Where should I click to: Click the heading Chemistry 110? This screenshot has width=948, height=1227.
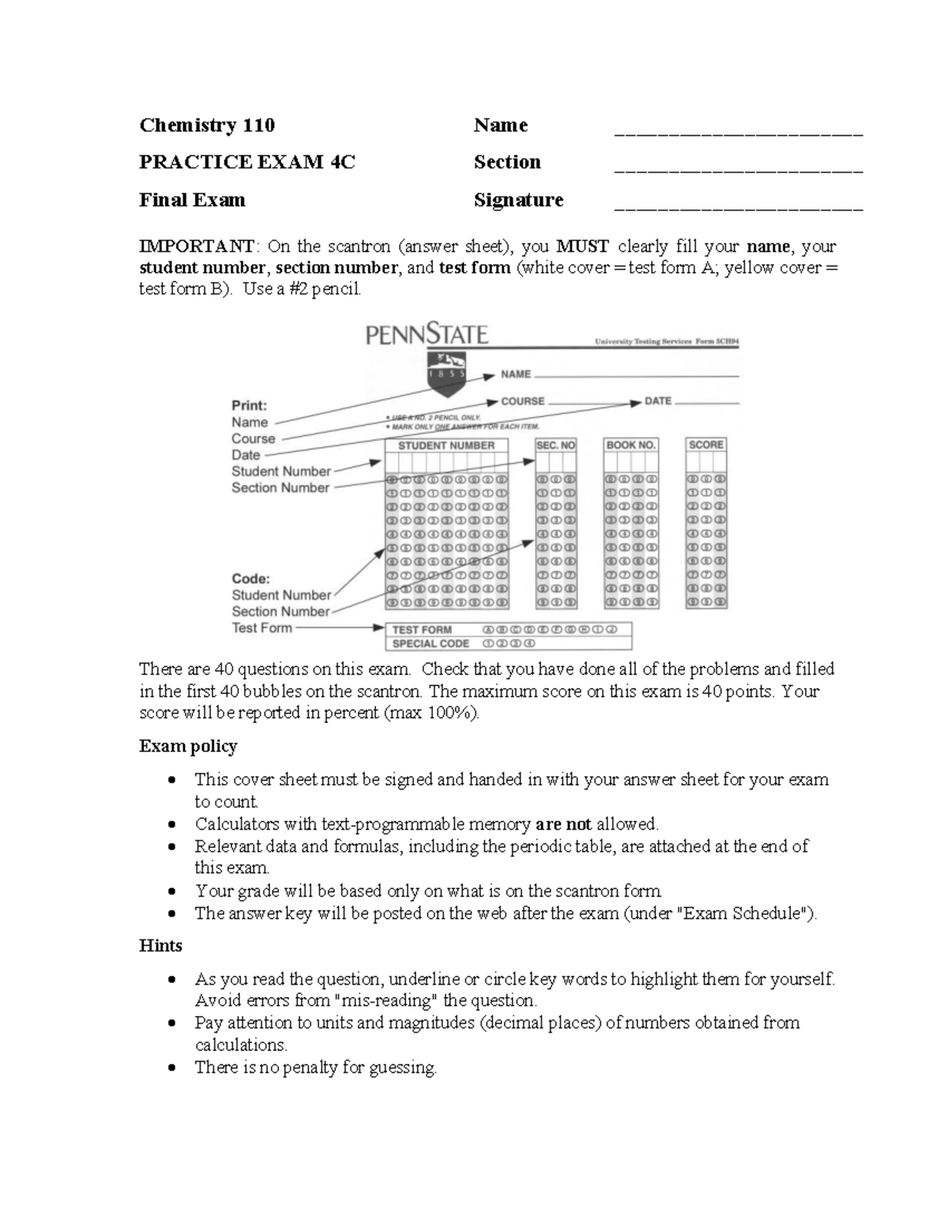click(x=207, y=125)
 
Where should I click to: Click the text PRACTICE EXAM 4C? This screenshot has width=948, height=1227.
click(x=246, y=162)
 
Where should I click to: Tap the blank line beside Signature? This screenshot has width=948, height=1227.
click(x=738, y=207)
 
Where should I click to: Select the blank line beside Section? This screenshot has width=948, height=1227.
click(x=738, y=169)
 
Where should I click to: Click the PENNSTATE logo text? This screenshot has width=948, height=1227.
click(x=427, y=335)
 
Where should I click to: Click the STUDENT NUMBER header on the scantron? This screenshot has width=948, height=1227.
click(x=446, y=446)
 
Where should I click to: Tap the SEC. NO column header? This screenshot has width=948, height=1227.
click(x=556, y=446)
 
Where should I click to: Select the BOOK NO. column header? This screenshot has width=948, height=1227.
click(x=631, y=446)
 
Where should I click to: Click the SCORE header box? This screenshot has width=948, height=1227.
click(x=705, y=445)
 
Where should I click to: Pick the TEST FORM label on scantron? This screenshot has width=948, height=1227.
click(x=422, y=630)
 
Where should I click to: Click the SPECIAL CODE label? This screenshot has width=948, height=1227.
click(x=431, y=644)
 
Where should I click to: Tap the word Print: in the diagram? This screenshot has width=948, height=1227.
click(x=249, y=405)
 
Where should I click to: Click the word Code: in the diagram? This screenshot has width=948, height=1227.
click(x=250, y=578)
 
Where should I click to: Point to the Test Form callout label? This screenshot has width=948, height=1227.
click(x=261, y=628)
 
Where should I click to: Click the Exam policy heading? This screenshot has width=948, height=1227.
click(x=188, y=746)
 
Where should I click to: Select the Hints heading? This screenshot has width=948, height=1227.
click(x=160, y=946)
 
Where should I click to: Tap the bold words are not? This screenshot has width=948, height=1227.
click(x=563, y=824)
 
